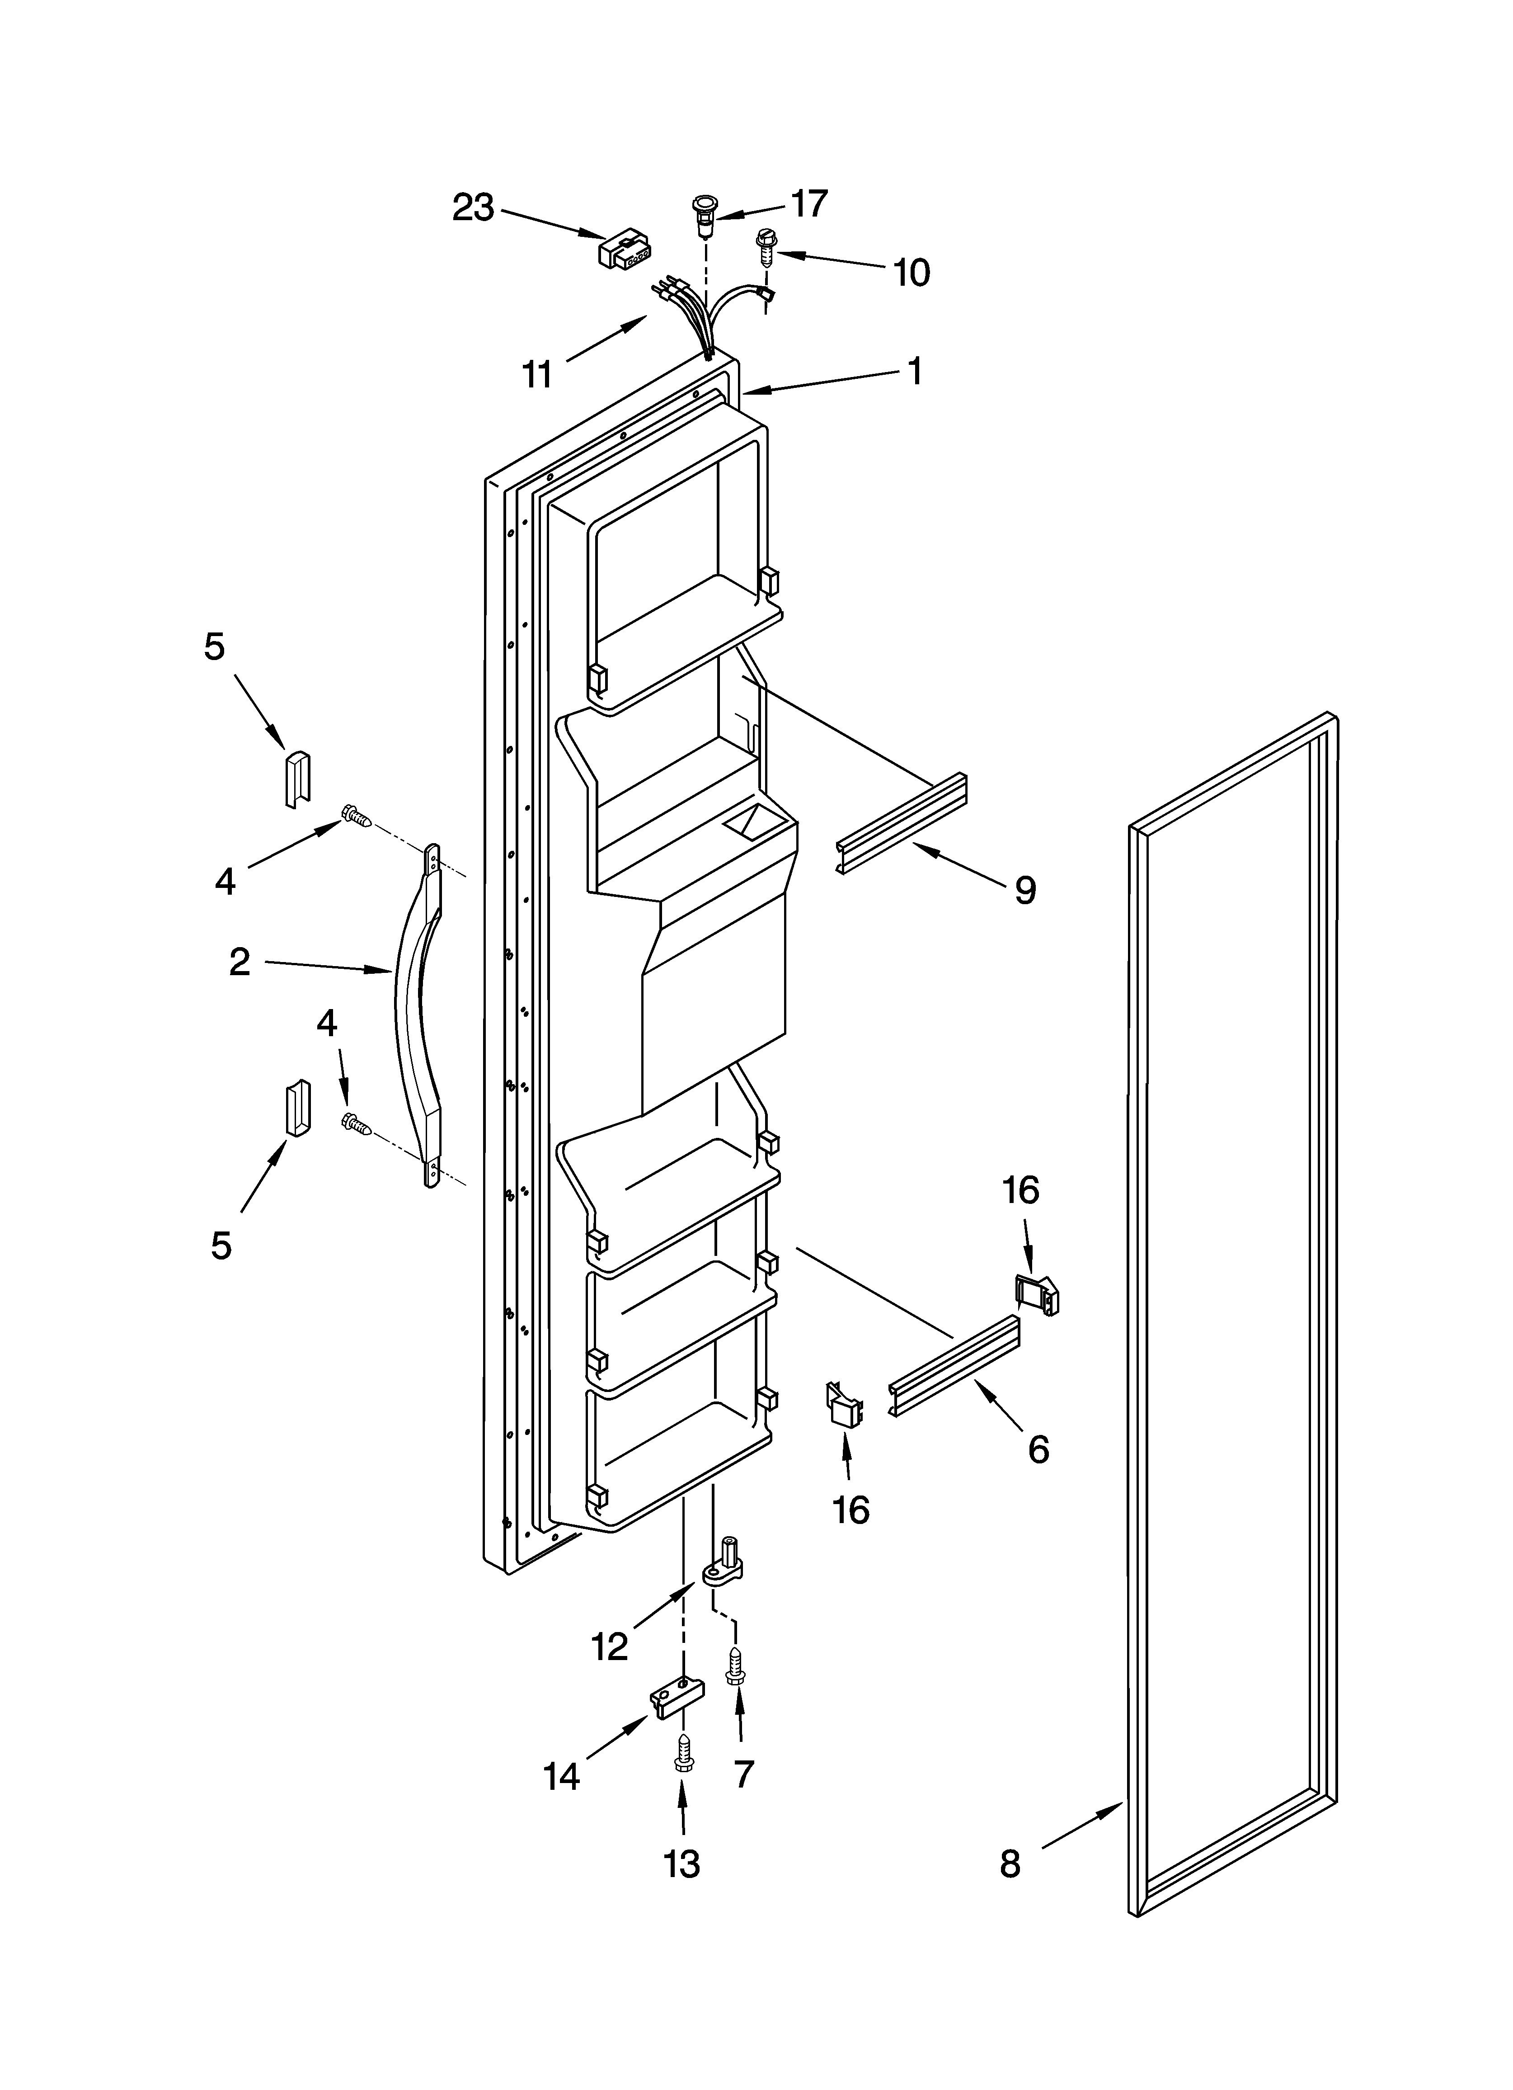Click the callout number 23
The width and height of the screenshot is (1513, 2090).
473,208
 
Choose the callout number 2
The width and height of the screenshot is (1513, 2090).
240,963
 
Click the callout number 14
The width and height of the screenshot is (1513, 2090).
561,1776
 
